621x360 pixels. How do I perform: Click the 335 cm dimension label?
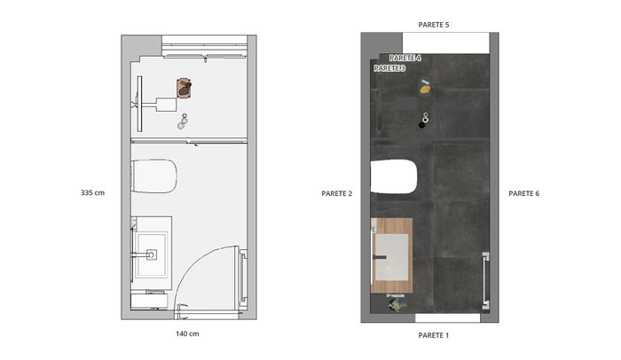click(92, 193)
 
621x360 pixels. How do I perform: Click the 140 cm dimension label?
click(187, 334)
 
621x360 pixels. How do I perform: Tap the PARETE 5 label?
click(434, 25)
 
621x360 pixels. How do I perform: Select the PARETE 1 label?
click(434, 335)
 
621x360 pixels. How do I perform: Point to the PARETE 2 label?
click(336, 193)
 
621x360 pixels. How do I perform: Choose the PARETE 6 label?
click(524, 193)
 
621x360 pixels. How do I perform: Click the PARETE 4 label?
click(405, 58)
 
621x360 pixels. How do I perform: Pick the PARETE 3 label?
click(389, 68)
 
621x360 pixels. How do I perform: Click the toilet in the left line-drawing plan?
click(154, 176)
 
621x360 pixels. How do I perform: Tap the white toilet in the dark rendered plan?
click(394, 176)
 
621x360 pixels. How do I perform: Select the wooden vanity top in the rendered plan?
click(392, 255)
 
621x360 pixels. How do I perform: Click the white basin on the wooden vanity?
click(392, 257)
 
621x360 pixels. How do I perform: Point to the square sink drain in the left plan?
click(152, 254)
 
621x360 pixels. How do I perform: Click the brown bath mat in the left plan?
click(185, 89)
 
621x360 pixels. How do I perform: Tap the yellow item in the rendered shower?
click(425, 90)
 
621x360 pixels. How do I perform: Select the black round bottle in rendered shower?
click(421, 125)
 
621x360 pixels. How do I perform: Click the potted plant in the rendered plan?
click(397, 305)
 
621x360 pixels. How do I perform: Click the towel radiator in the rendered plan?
click(485, 280)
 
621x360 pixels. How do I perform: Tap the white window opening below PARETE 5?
click(446, 43)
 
